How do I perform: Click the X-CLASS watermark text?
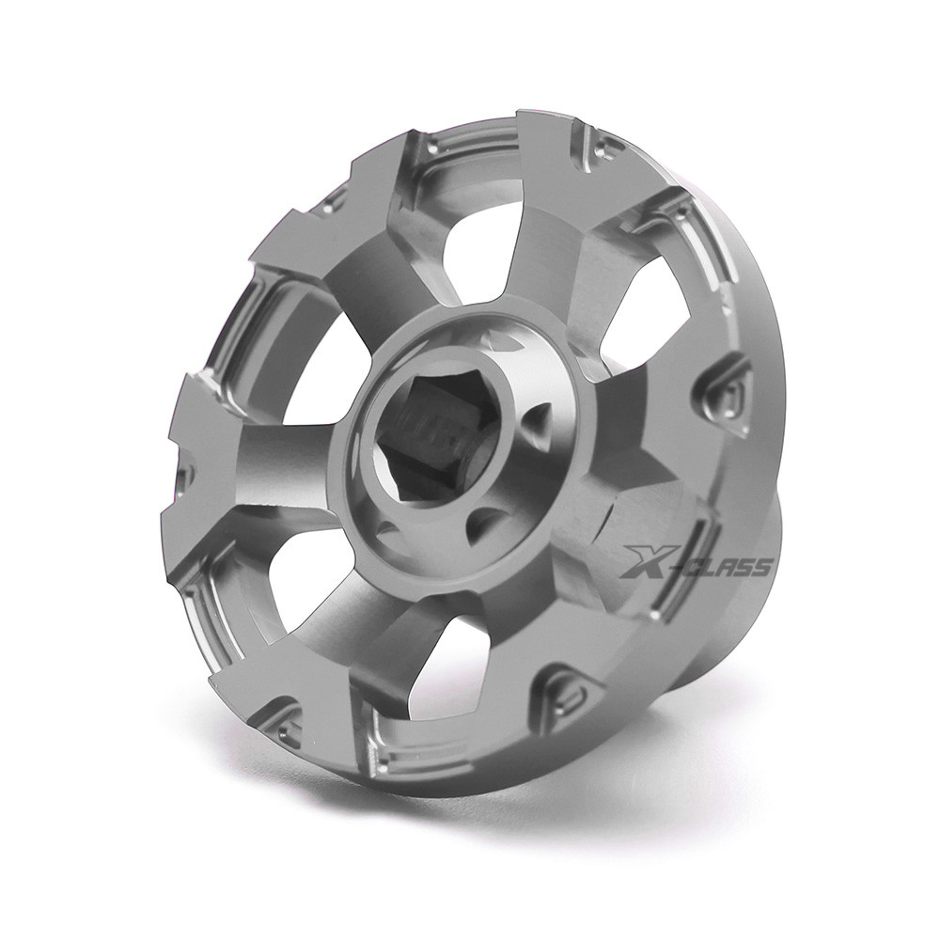point(695,562)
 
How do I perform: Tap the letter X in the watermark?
point(643,562)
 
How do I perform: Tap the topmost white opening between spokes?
point(474,240)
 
